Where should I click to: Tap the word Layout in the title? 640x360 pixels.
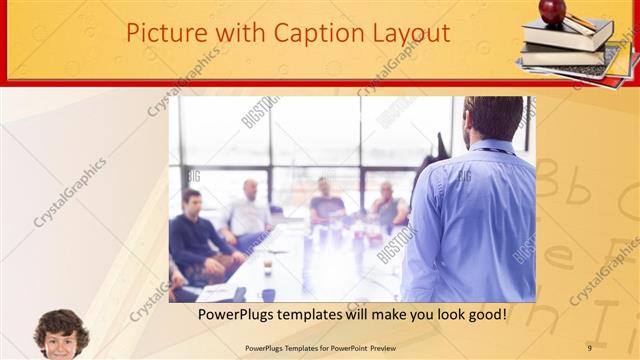pyautogui.click(x=409, y=33)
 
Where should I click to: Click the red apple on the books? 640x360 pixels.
pyautogui.click(x=552, y=11)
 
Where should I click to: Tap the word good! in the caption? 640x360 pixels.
pyautogui.click(x=485, y=315)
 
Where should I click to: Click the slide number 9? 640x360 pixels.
pyautogui.click(x=589, y=348)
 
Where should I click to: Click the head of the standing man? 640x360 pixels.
pyautogui.click(x=495, y=118)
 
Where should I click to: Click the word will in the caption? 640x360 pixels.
pyautogui.click(x=362, y=315)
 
